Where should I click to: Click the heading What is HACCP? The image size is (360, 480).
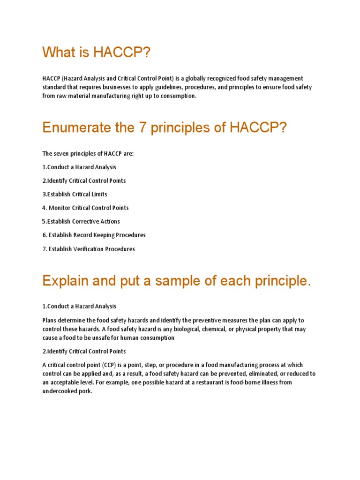[97, 52]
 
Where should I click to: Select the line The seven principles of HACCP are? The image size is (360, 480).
[88, 153]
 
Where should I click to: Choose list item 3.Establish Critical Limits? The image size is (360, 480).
[75, 194]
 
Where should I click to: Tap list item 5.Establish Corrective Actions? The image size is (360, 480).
[81, 221]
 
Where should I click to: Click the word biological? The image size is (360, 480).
[187, 329]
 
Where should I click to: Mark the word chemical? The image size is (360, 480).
[220, 329]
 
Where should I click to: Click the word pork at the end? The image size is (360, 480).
[85, 391]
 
